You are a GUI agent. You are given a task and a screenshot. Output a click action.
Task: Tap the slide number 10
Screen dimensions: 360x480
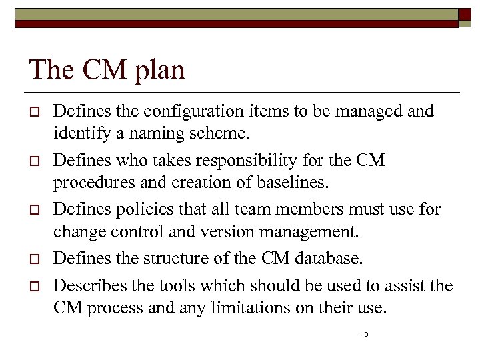point(364,334)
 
